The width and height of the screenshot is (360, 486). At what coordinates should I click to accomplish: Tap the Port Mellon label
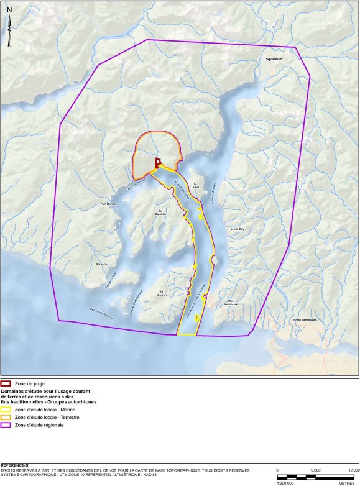coord(108,204)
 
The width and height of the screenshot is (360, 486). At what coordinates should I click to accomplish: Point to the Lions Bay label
coord(238,229)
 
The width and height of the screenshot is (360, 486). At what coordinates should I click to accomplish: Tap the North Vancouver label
coord(305,320)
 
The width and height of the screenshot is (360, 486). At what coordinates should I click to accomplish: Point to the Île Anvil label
coord(195,185)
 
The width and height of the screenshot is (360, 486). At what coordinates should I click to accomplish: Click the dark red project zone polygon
coord(157,163)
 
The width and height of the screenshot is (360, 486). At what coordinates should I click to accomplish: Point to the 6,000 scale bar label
coord(316,470)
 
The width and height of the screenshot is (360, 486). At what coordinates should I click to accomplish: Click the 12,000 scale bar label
coord(354,470)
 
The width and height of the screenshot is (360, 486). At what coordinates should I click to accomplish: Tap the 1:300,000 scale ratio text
coord(285,482)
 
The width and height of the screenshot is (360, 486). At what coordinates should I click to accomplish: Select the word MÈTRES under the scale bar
coord(346,482)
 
